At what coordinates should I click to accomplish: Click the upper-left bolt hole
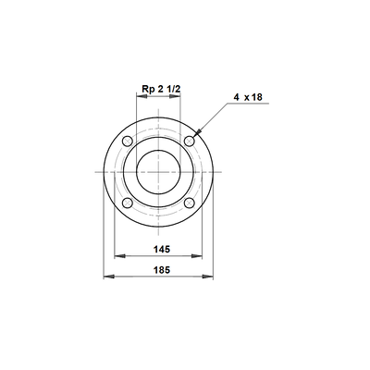coord(128,142)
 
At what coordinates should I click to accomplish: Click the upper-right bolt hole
coord(190,142)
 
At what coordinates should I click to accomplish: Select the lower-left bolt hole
coord(128,203)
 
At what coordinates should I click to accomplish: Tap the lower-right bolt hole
coord(190,203)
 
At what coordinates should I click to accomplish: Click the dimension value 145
coord(162,249)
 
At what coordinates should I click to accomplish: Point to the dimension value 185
coord(162,270)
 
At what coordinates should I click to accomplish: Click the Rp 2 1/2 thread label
coord(161,89)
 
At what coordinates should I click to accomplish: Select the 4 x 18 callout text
coord(248,97)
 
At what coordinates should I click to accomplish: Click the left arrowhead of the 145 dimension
coord(119,256)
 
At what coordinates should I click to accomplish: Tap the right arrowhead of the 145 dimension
coord(197,256)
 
